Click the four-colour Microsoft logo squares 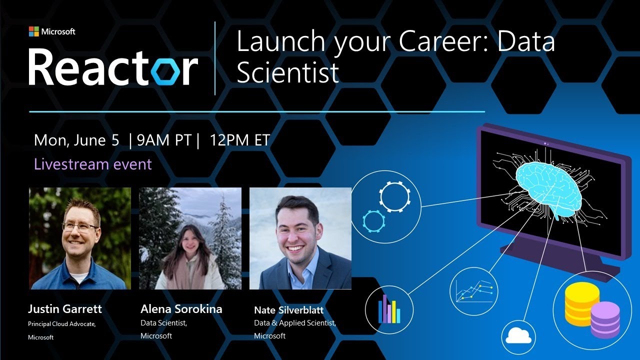[33, 31]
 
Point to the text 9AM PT [164, 140]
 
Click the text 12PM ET [240, 140]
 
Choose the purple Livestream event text [92, 164]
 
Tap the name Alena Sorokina [181, 309]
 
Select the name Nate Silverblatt [288, 310]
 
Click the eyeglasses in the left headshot [80, 226]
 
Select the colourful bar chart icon [389, 308]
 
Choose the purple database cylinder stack [604, 319]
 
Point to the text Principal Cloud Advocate [61, 324]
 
